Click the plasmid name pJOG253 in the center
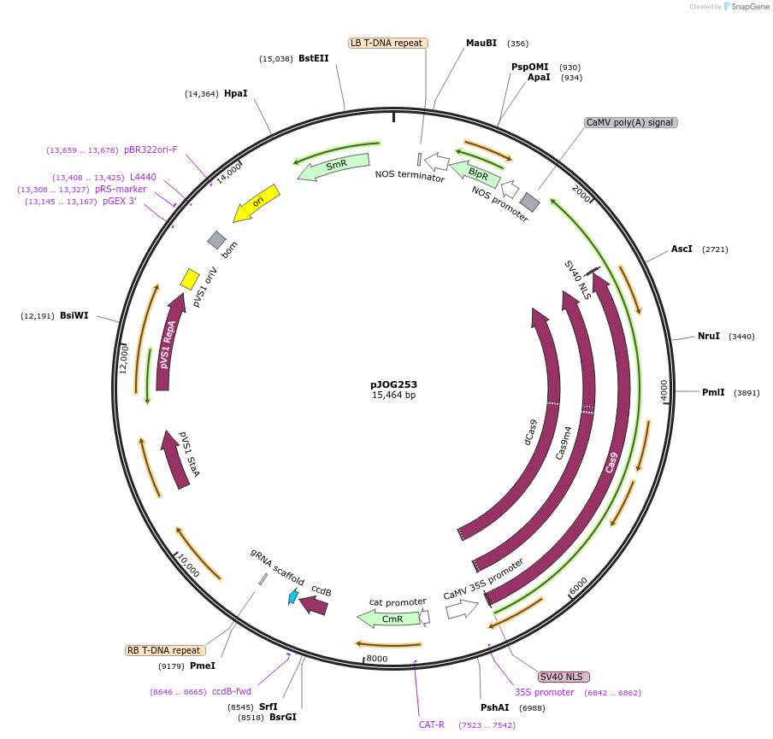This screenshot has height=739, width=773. coord(393,384)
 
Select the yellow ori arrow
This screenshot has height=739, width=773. coord(257,202)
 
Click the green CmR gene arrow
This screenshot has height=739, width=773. coord(389,618)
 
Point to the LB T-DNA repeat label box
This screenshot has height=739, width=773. coord(388,43)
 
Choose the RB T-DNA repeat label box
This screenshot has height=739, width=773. coord(163,650)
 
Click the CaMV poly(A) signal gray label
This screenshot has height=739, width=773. coord(631,123)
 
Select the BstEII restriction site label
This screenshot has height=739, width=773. coord(313,59)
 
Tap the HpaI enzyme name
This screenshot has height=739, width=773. coord(235,94)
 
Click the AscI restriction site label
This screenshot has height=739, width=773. coord(682,249)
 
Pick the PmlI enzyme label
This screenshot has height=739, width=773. coord(713,393)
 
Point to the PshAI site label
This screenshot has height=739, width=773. coord(495,707)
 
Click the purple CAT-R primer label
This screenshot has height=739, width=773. coord(432,724)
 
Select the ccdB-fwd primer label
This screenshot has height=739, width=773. coord(232,692)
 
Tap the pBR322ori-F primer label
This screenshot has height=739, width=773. coord(150,150)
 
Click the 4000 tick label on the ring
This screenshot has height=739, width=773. coord(664,390)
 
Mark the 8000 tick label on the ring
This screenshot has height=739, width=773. coord(377,659)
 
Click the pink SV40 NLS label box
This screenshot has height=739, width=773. coord(564,677)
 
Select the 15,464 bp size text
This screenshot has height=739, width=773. coord(393,396)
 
